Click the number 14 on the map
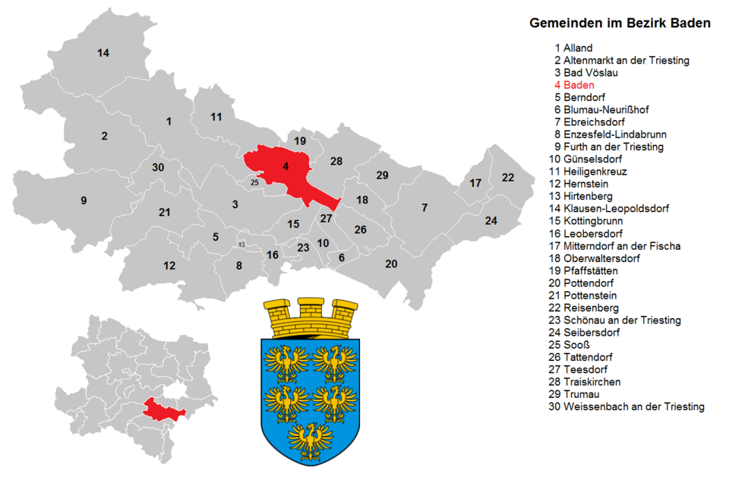103,52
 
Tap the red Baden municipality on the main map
281,171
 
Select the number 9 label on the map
84,201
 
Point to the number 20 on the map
391,264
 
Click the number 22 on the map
507,178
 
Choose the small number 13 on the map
241,245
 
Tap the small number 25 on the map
254,182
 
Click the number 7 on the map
424,207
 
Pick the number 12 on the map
169,266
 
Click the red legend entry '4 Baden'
574,85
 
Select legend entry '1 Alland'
573,48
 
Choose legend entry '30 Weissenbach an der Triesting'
626,406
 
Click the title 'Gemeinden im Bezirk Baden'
620,24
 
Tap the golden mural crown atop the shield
311,317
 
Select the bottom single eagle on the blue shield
310,439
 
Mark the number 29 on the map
382,175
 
